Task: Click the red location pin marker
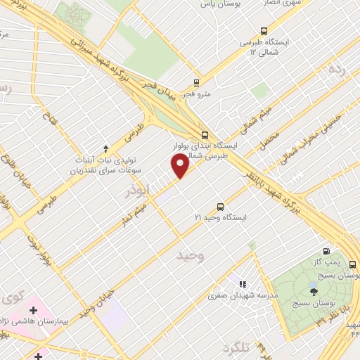tap(180, 166)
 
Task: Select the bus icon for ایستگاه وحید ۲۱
tap(221, 207)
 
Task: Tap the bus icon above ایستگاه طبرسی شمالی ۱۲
tap(264, 31)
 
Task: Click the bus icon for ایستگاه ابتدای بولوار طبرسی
tap(205, 134)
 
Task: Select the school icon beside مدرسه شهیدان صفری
tap(243, 284)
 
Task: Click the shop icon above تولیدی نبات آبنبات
tap(105, 148)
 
